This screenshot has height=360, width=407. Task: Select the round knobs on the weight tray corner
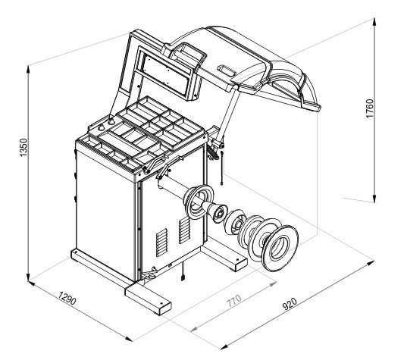[108, 121]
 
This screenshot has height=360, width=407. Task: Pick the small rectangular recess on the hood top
[227, 70]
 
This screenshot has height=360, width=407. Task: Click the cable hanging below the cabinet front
[183, 274]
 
